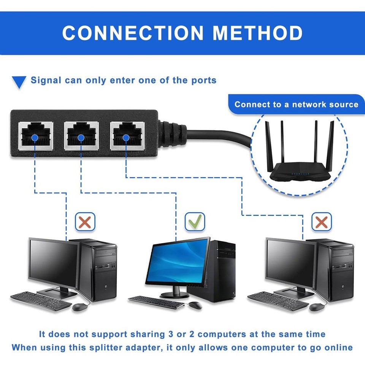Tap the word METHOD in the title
coord(257,33)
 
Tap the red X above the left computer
coord(85,222)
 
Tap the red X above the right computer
coord(321,222)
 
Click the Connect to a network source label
coord(296,105)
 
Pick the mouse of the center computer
coord(195,305)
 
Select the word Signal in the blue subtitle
coord(46,80)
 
